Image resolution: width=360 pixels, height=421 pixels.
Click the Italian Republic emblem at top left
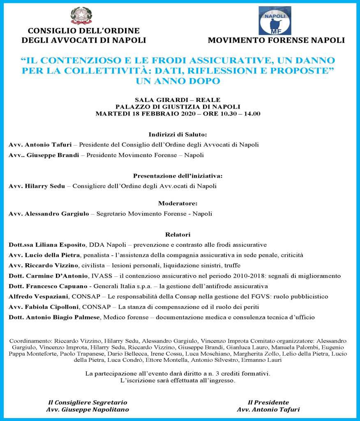(81, 16)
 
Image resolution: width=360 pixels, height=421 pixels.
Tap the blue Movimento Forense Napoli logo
(275, 21)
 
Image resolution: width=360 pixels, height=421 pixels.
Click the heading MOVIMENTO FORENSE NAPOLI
(276, 40)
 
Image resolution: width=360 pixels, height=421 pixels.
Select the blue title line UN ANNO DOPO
(178, 81)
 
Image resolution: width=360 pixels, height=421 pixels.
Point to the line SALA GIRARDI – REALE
(178, 100)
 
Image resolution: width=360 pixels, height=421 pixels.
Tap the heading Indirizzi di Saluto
(178, 134)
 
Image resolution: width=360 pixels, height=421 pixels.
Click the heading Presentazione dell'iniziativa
(178, 176)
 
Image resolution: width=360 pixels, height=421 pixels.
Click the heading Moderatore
(178, 203)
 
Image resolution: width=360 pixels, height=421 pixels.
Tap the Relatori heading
(178, 235)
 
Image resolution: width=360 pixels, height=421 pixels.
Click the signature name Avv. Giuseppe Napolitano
(88, 409)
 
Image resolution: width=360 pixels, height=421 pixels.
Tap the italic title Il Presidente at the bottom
(268, 402)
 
